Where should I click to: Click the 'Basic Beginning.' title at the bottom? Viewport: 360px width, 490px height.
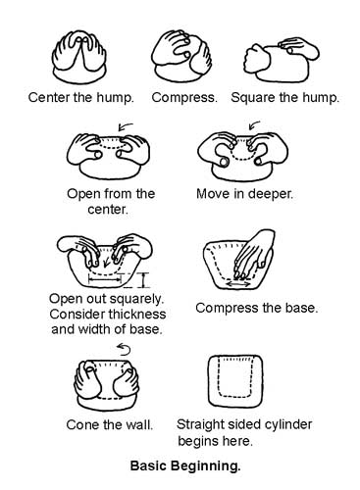pyautogui.click(x=185, y=465)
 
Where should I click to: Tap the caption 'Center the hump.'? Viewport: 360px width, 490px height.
pyautogui.click(x=81, y=97)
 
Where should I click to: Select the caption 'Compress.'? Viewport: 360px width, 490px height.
pyautogui.click(x=184, y=98)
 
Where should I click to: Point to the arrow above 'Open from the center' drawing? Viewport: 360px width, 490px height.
pyautogui.click(x=126, y=125)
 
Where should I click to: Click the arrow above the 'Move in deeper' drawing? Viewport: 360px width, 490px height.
pyautogui.click(x=254, y=124)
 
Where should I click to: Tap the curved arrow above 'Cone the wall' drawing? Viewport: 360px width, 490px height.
pyautogui.click(x=125, y=349)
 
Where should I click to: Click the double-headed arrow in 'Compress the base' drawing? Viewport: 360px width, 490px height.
pyautogui.click(x=238, y=284)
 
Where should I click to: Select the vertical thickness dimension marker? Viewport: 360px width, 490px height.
pyautogui.click(x=143, y=280)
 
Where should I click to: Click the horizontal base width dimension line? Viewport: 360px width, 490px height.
pyautogui.click(x=105, y=279)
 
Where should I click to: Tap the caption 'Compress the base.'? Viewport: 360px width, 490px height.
pyautogui.click(x=257, y=308)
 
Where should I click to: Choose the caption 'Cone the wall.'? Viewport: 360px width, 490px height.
pyautogui.click(x=110, y=424)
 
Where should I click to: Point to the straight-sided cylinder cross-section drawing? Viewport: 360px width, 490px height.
pyautogui.click(x=235, y=381)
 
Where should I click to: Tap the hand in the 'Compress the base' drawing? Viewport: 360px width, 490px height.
pyautogui.click(x=254, y=255)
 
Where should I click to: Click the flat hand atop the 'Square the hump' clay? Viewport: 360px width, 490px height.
pyautogui.click(x=299, y=48)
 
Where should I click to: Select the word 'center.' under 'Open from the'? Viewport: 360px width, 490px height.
pyautogui.click(x=108, y=210)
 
